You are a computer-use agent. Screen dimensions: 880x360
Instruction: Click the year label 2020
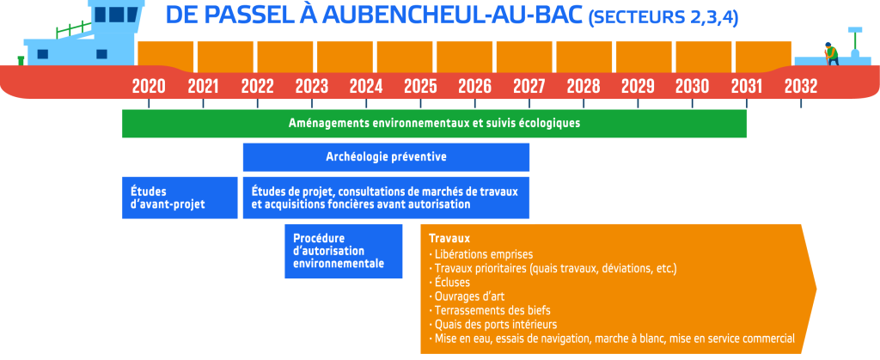pyautogui.click(x=149, y=87)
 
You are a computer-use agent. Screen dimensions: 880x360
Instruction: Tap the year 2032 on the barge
pyautogui.click(x=801, y=87)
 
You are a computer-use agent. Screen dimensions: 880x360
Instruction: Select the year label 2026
pyautogui.click(x=474, y=87)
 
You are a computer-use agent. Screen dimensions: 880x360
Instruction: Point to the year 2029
pyautogui.click(x=639, y=87)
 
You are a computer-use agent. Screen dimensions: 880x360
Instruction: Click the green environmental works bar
pyautogui.click(x=434, y=124)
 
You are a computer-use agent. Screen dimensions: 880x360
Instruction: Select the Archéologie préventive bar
pyautogui.click(x=386, y=157)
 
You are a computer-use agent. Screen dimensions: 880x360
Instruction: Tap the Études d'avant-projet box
pyautogui.click(x=180, y=198)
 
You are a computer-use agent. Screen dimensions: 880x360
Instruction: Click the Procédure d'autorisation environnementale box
pyautogui.click(x=344, y=251)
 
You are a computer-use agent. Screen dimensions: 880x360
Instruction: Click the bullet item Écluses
pyautogui.click(x=449, y=282)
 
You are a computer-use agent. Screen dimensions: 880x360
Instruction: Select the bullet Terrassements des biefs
pyautogui.click(x=489, y=310)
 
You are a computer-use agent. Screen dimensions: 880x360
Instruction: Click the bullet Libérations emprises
pyautogui.click(x=480, y=253)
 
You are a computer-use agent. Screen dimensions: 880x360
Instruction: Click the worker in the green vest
pyautogui.click(x=830, y=54)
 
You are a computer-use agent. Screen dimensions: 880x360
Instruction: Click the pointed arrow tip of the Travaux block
pyautogui.click(x=816, y=290)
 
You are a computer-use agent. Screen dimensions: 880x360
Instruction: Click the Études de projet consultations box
pyautogui.click(x=386, y=198)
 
